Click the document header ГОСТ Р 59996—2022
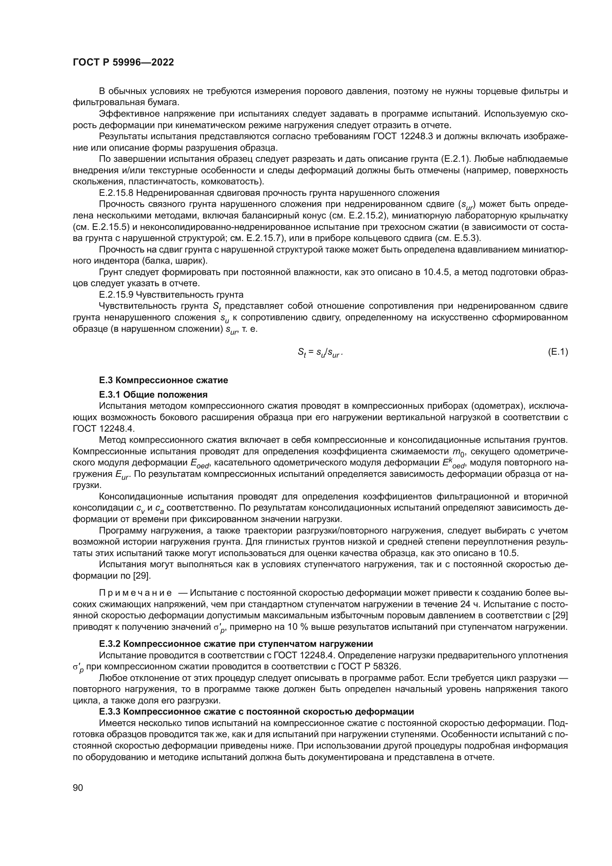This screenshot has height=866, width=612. (123, 63)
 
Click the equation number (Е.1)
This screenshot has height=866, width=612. (557, 352)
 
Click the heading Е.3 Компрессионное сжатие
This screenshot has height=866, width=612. (163, 380)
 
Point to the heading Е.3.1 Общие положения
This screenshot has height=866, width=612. (153, 395)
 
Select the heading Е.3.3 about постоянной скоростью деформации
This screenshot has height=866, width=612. (256, 711)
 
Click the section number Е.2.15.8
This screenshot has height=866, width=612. (116, 193)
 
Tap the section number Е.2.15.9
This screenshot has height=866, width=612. (116, 295)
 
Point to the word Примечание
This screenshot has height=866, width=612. (135, 593)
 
